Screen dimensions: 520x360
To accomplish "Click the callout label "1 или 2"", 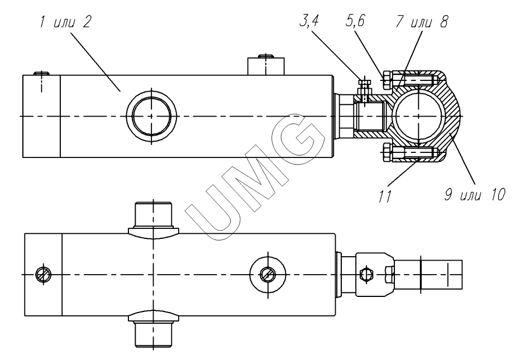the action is click(x=65, y=22).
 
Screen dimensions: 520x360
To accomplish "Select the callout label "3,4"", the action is click(x=309, y=22).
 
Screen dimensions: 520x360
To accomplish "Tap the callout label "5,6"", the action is click(x=355, y=22).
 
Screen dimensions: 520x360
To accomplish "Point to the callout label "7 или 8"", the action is click(x=422, y=22).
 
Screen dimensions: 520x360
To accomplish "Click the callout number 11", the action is click(x=385, y=196).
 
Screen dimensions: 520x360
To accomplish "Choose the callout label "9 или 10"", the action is click(x=475, y=195).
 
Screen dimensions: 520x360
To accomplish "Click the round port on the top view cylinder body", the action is click(x=151, y=116).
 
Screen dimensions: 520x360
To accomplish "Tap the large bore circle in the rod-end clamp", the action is click(x=418, y=116).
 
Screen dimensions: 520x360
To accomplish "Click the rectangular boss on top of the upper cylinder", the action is click(x=266, y=66).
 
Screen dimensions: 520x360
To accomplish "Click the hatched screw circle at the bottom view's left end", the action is click(x=44, y=275).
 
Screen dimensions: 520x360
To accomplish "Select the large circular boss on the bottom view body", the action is click(x=268, y=275).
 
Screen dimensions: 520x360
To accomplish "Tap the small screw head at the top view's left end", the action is click(x=41, y=73).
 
